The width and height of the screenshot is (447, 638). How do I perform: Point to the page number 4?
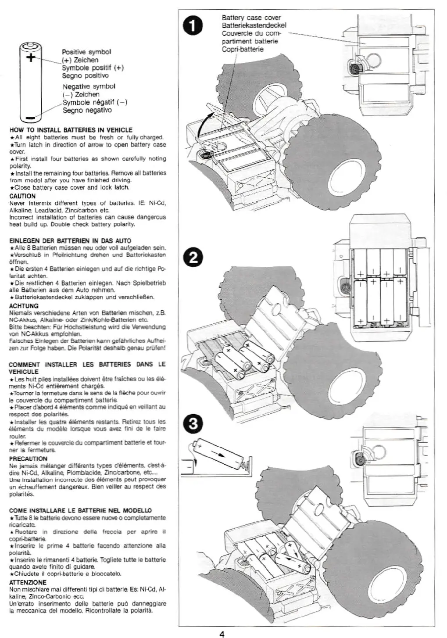[x=222, y=633]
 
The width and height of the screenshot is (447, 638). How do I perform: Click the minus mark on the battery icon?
[x=30, y=117]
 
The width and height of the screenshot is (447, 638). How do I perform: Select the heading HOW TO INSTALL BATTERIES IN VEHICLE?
[x=71, y=130]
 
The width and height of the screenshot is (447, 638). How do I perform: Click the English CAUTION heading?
[x=22, y=196]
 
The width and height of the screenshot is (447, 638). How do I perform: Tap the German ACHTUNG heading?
[x=24, y=306]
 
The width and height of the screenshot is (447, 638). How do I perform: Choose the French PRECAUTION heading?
[x=28, y=459]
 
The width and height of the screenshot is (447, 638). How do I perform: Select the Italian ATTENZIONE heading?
[x=28, y=582]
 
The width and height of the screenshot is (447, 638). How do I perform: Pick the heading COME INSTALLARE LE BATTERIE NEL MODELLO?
[x=80, y=510]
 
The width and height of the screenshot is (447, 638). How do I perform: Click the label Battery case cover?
[x=251, y=18]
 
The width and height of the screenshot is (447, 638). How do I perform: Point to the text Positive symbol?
[x=86, y=52]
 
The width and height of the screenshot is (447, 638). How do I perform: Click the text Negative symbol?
[x=89, y=86]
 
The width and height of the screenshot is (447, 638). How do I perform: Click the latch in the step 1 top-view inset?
[x=354, y=67]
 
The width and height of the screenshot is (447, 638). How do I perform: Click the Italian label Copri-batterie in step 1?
[x=243, y=49]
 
